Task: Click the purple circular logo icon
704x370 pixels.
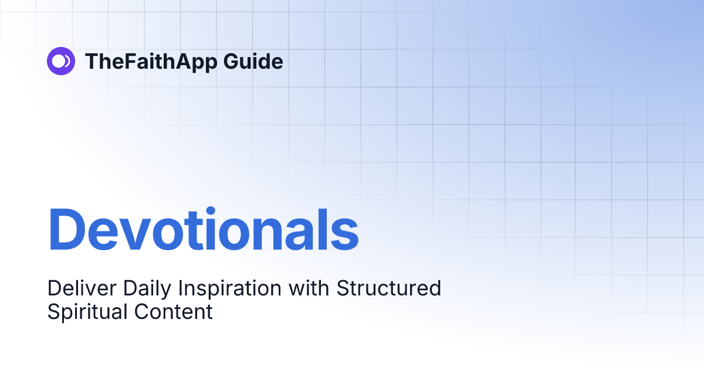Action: (x=61, y=61)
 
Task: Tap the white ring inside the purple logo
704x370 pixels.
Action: (x=59, y=61)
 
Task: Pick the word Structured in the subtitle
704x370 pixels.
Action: (x=389, y=289)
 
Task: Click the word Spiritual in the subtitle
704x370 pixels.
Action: (x=88, y=312)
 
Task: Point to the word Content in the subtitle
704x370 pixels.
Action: (x=174, y=312)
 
